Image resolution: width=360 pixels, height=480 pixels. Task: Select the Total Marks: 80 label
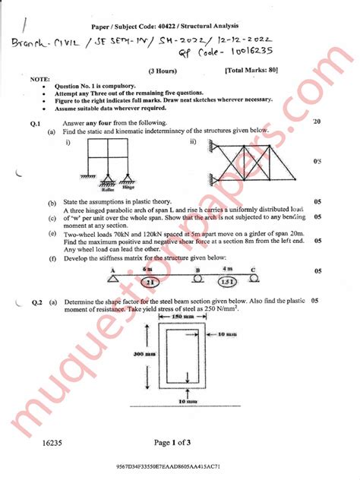click(x=251, y=70)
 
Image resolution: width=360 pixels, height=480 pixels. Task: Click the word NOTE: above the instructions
click(x=39, y=78)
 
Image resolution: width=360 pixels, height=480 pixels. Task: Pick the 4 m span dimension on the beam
click(x=226, y=269)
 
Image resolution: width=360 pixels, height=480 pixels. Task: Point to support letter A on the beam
click(x=112, y=270)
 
